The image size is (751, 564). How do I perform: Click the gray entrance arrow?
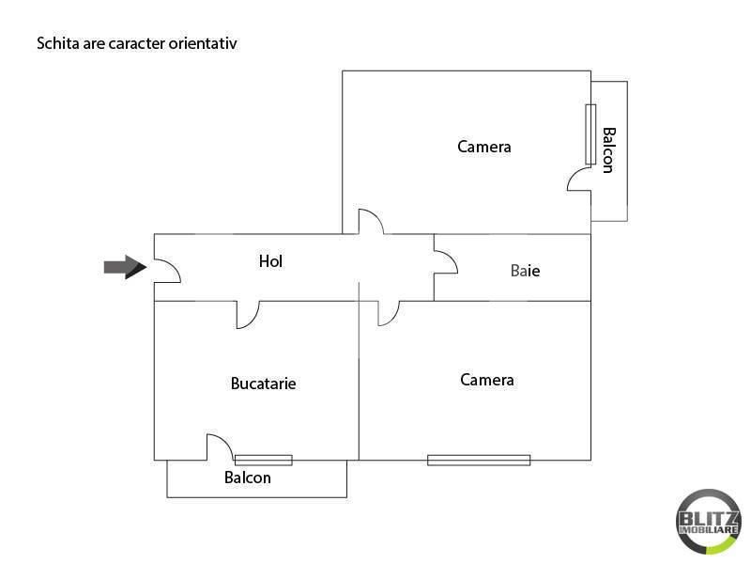click(x=126, y=267)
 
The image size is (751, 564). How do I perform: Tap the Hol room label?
click(x=270, y=261)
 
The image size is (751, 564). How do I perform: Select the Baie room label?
click(x=526, y=271)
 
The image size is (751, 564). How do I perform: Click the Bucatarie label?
click(x=264, y=384)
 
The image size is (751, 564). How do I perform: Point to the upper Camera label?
click(x=484, y=147)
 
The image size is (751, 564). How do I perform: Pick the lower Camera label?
click(x=487, y=380)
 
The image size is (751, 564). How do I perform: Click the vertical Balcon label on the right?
click(x=608, y=150)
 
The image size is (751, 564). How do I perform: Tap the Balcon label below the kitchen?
click(x=248, y=478)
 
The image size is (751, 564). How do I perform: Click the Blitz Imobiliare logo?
click(x=708, y=522)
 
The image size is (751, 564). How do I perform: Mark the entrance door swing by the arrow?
click(x=167, y=271)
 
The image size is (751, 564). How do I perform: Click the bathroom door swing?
click(x=446, y=262)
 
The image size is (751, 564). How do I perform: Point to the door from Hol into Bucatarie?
click(x=248, y=315)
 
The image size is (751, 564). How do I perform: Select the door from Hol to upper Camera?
click(x=371, y=222)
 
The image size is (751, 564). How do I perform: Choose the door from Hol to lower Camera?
click(x=389, y=314)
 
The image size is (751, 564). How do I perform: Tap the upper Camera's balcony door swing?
click(x=579, y=179)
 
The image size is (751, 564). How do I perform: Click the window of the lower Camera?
click(x=479, y=461)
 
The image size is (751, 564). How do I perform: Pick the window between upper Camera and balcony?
click(x=590, y=134)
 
